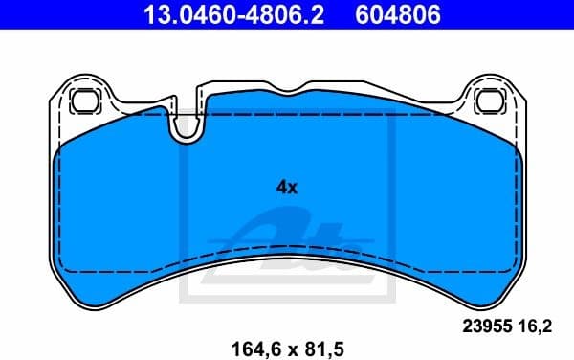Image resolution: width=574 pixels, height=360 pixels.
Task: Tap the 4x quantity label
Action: [x=287, y=188]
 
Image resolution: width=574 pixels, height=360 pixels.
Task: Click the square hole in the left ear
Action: [x=83, y=99]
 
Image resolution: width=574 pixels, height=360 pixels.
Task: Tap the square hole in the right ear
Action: [x=488, y=99]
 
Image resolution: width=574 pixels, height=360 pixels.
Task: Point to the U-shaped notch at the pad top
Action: [x=186, y=124]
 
